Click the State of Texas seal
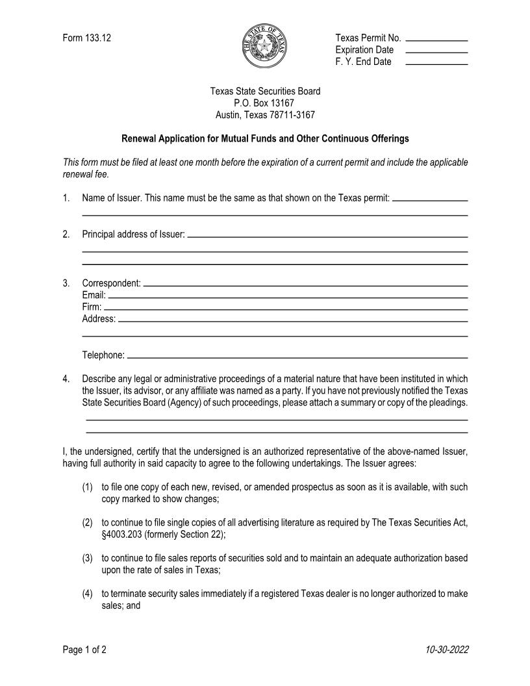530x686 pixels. [264, 45]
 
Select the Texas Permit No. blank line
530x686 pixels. [436, 40]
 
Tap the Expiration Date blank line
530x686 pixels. [436, 52]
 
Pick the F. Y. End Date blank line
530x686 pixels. [436, 64]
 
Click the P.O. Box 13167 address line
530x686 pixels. [264, 103]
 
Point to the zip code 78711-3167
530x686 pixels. [292, 115]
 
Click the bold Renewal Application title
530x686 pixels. [265, 139]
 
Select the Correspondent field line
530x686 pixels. [305, 286]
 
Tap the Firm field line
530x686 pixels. [286, 309]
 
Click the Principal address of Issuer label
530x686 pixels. [133, 235]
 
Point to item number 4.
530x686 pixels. [66, 379]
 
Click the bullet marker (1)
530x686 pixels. [88, 487]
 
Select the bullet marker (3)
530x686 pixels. [88, 558]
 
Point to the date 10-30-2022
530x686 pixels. [447, 650]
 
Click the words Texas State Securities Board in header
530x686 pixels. [264, 92]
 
